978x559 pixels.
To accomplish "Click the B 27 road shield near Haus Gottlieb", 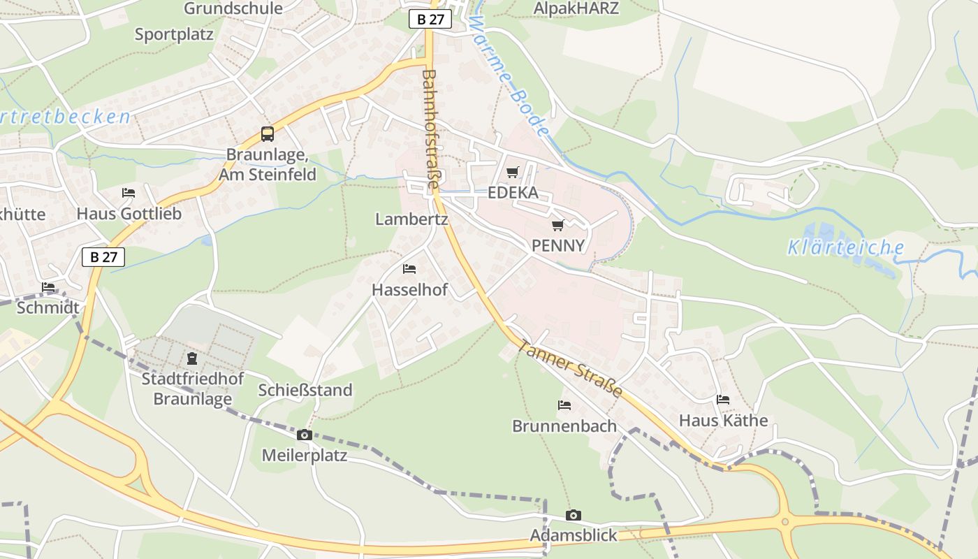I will tap(103, 256).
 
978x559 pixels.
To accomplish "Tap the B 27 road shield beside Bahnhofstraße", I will tap(430, 19).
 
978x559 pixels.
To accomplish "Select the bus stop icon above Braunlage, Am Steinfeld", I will tap(268, 134).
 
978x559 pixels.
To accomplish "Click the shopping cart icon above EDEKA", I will tap(513, 172).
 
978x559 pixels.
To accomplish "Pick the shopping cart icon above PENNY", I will tap(557, 225).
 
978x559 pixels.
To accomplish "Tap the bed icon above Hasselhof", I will tap(409, 269).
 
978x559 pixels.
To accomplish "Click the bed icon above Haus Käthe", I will tap(723, 400).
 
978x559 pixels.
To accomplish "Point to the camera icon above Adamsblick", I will tap(573, 516).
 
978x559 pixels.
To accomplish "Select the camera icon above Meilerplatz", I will tap(304, 435).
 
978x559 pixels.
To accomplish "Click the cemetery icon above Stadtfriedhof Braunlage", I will tap(192, 359).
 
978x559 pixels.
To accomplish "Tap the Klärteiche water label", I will tap(846, 247).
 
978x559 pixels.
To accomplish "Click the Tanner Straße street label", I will tap(570, 368).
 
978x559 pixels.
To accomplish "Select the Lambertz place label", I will tap(411, 219).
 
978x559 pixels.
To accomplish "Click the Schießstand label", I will tap(305, 390).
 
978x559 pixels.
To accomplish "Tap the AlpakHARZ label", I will tap(576, 8).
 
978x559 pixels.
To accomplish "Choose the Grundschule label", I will tap(233, 8).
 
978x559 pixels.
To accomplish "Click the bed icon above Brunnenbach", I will tap(564, 405).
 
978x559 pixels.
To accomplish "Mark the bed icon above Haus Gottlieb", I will tap(129, 193).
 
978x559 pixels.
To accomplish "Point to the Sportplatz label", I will tap(174, 34).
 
